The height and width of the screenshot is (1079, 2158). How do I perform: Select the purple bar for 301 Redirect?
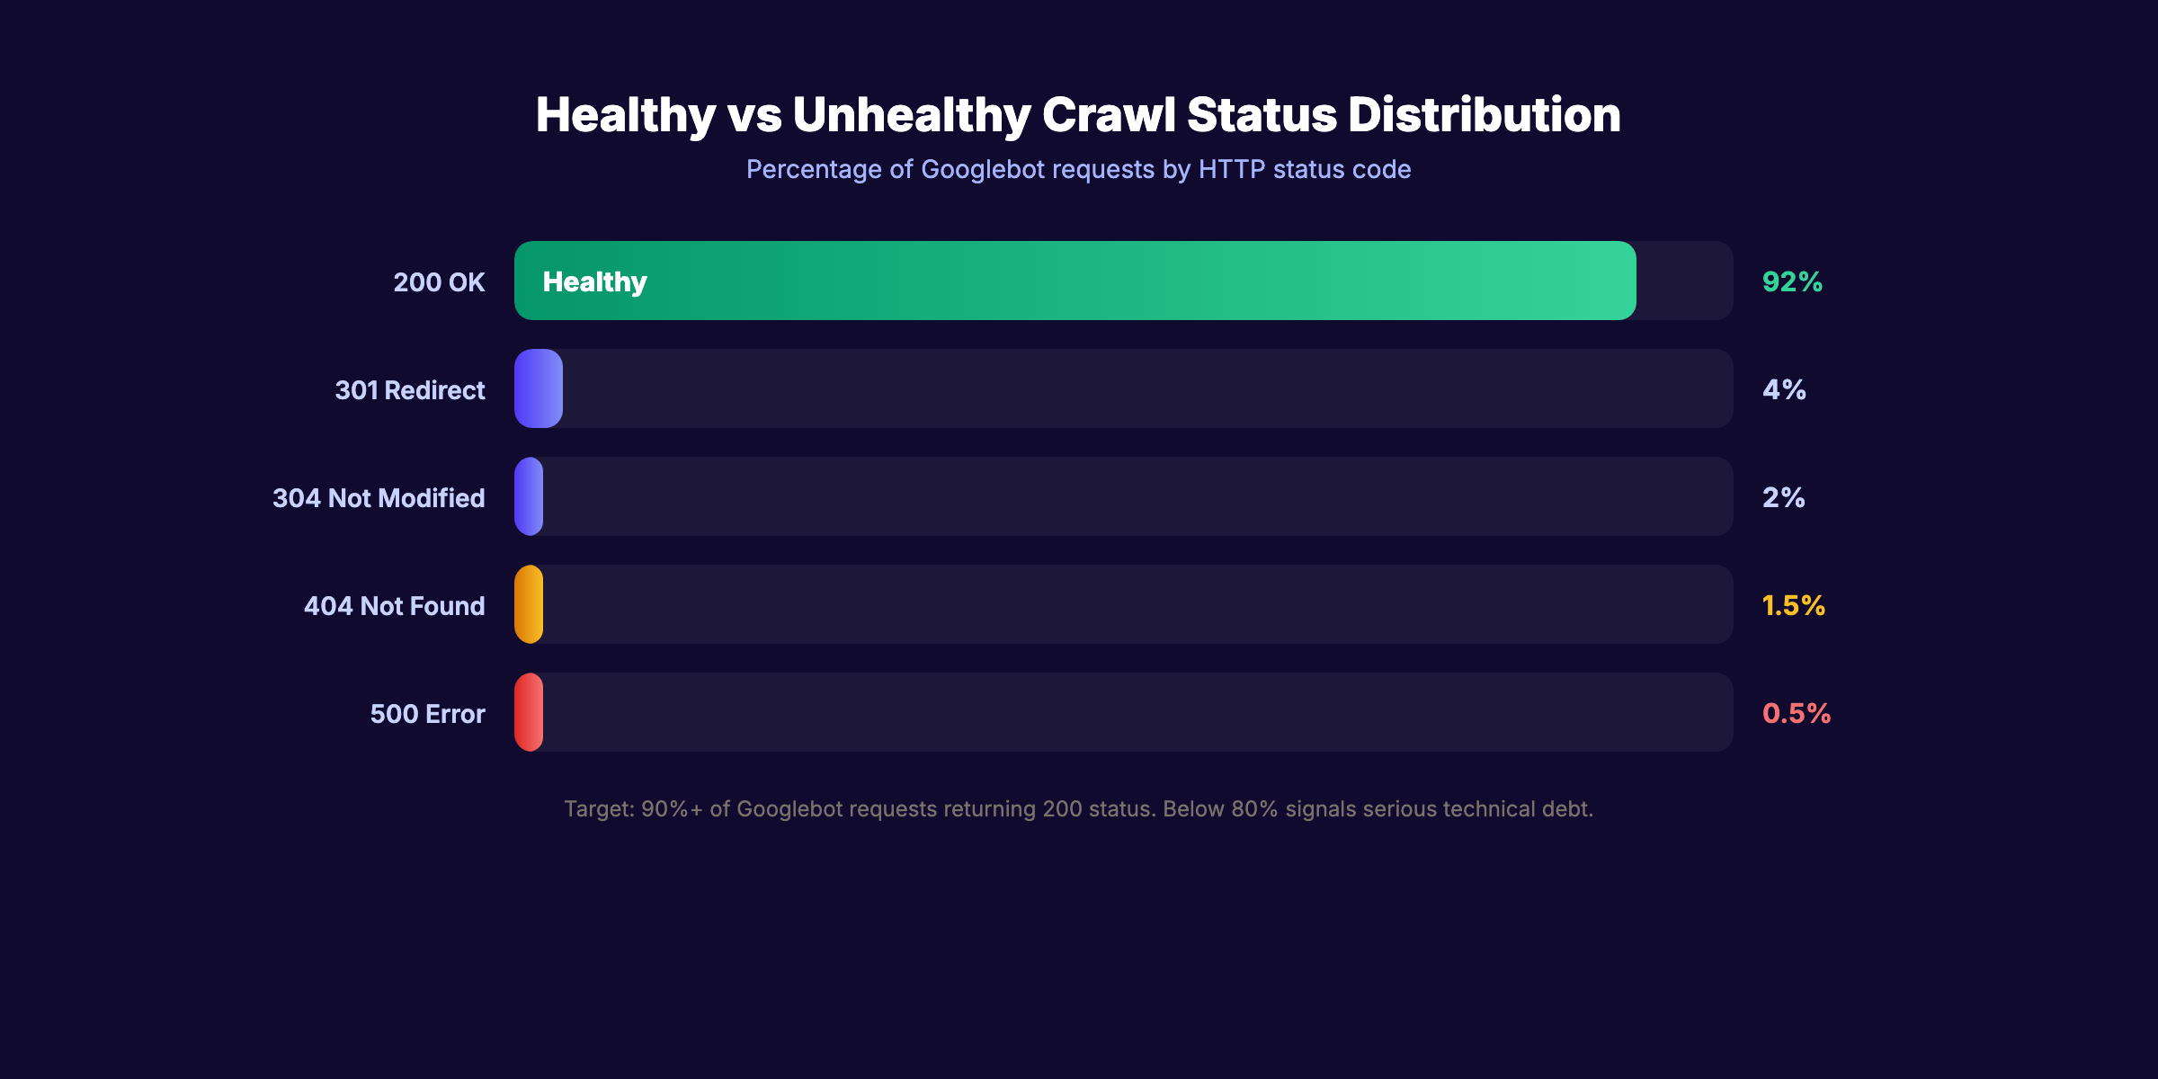tap(538, 388)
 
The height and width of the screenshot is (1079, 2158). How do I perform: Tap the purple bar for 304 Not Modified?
tap(529, 496)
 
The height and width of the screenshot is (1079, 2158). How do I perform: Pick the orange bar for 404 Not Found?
tap(529, 604)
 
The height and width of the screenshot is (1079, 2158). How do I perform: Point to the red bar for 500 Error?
tap(529, 712)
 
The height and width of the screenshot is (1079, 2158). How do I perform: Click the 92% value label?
tap(1792, 281)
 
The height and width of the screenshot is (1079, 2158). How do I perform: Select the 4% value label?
tap(1784, 389)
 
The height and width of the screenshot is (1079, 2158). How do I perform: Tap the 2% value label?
tap(1783, 497)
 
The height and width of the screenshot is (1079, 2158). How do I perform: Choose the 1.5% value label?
tap(1793, 605)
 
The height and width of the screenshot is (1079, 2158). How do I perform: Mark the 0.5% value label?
tap(1796, 713)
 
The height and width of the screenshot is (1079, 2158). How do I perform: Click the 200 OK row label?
tap(439, 282)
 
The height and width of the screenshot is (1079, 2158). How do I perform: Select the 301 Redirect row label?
tap(409, 390)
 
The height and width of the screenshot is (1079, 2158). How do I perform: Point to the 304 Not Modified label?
tap(379, 498)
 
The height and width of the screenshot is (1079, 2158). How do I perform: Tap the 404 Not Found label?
tap(394, 606)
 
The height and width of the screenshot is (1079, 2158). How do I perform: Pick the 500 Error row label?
tap(427, 714)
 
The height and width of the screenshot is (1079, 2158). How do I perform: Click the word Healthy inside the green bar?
tap(594, 282)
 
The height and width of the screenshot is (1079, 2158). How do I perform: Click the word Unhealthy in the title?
tap(911, 115)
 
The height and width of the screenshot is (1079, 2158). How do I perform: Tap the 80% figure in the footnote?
tap(1254, 809)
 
